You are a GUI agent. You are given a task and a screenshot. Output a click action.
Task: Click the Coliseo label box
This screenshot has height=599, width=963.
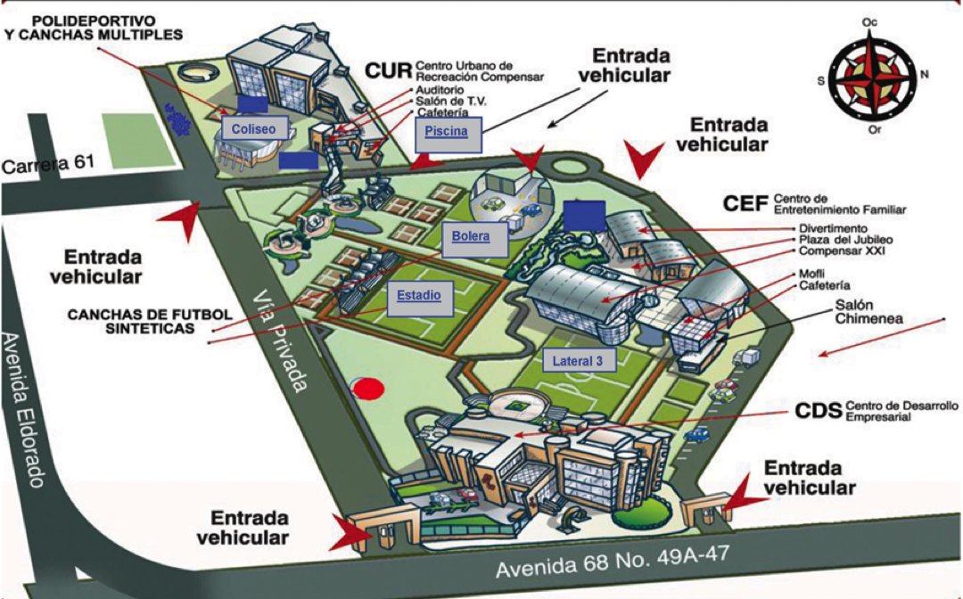point(254,128)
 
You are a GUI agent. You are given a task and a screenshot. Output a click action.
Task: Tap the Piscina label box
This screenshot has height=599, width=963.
point(447,133)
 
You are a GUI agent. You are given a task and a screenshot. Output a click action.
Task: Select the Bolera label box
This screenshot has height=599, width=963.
point(476,238)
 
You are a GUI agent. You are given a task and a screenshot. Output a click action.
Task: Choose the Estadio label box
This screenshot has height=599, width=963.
point(419,296)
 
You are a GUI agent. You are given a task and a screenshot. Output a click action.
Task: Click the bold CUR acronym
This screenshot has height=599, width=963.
point(387,70)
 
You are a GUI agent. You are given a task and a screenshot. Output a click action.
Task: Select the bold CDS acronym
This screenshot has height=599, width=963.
point(818,411)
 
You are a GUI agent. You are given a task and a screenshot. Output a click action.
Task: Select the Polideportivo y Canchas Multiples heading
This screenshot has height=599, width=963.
point(93,27)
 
